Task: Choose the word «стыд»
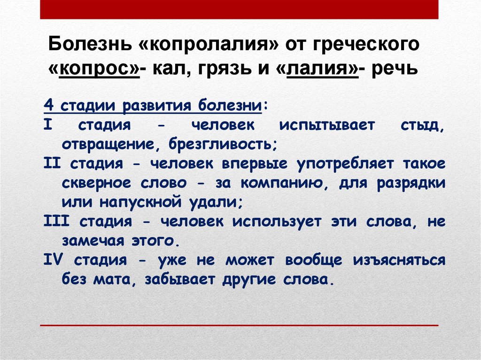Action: click(x=422, y=125)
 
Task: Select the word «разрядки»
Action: click(x=411, y=183)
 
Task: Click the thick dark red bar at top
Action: click(x=239, y=9)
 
